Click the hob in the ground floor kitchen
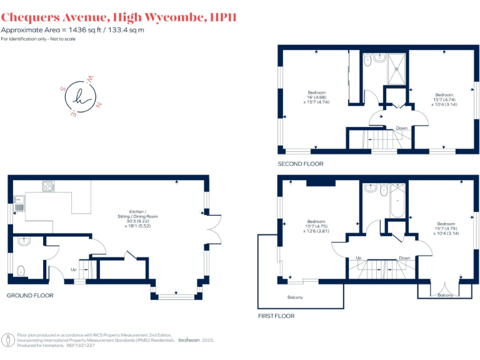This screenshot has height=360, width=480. click(x=48, y=186)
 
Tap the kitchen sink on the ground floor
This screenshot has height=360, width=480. click(x=18, y=204)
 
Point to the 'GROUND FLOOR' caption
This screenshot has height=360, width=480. click(x=30, y=295)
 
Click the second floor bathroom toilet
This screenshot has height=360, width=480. click(x=369, y=61)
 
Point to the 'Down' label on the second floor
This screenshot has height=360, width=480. click(x=401, y=128)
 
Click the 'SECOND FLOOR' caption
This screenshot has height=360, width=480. click(x=301, y=164)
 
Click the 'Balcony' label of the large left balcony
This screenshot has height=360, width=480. click(x=294, y=297)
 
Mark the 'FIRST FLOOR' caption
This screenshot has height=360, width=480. click(x=276, y=316)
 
